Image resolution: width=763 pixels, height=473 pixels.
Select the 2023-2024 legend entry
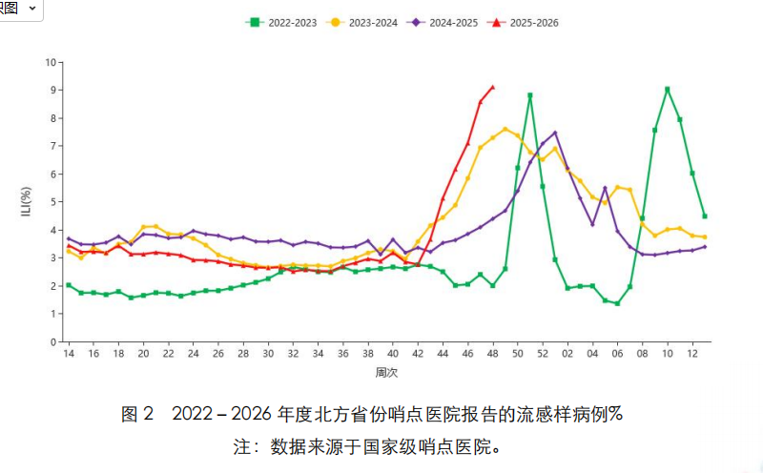[x=366, y=21]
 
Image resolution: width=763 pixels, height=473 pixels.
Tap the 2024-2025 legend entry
[x=447, y=21]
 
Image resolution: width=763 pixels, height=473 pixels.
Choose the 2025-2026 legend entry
[x=527, y=21]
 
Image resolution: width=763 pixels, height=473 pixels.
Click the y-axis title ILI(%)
[x=28, y=202]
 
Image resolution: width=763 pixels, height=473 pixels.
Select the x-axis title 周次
[x=385, y=371]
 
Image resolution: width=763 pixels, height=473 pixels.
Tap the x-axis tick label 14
[x=69, y=354]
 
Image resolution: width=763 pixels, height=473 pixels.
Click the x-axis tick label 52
[x=543, y=354]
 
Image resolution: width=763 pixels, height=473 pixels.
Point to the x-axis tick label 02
[x=567, y=354]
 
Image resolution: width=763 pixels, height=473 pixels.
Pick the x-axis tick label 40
[x=393, y=354]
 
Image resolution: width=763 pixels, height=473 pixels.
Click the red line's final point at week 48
[x=492, y=87]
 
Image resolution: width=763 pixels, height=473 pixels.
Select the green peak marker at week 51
[x=530, y=95]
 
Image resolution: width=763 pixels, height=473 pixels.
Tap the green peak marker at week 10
[x=668, y=90]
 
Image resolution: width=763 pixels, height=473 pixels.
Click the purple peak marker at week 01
[x=555, y=134]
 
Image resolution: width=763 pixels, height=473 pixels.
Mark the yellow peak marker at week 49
[x=505, y=129]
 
